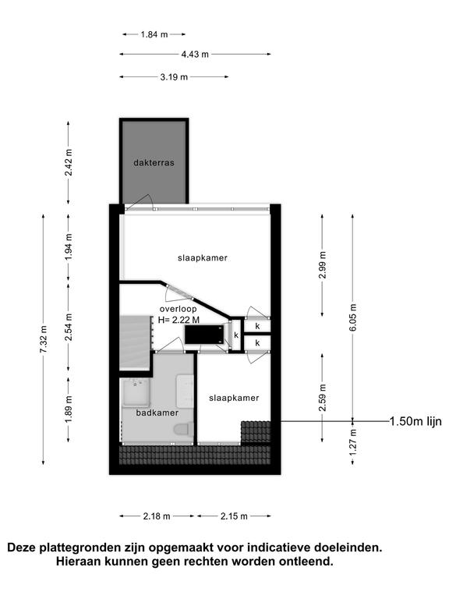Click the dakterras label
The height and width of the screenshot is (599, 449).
pos(154,163)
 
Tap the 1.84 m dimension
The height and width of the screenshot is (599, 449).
pos(154,34)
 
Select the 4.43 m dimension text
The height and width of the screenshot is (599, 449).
pos(195,55)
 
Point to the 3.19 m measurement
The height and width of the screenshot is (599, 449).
pos(174,77)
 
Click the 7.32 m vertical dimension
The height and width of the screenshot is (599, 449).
pos(44,339)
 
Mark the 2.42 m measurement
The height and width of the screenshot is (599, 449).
pos(69,162)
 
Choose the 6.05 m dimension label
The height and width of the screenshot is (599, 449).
pos(353,318)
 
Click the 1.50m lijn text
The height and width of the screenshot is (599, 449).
pos(415,421)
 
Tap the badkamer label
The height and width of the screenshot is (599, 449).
pos(157,413)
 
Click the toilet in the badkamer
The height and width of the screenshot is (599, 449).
pos(184,430)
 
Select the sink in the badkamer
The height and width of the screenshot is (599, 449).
pos(135,392)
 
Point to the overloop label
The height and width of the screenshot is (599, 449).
pos(178,309)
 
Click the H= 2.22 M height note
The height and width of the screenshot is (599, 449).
pos(179,320)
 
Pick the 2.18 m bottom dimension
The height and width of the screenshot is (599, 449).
pos(157,516)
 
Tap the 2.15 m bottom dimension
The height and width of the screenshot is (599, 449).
pos(234,516)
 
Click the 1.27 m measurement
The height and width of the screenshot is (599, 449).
pos(353,442)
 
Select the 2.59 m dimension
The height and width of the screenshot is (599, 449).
pos(323,398)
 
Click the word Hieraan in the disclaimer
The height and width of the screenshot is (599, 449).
pos(78,562)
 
